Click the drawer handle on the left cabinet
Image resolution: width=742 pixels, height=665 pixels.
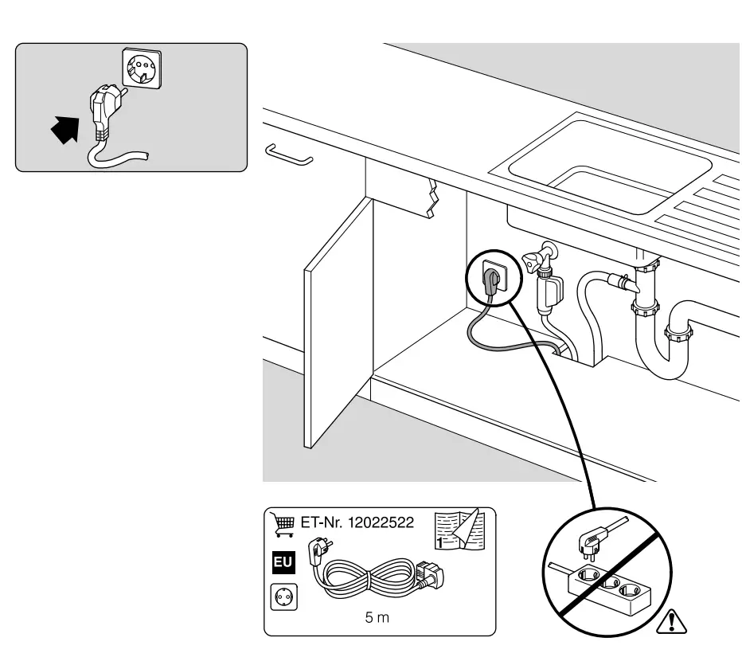(x=288, y=154)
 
